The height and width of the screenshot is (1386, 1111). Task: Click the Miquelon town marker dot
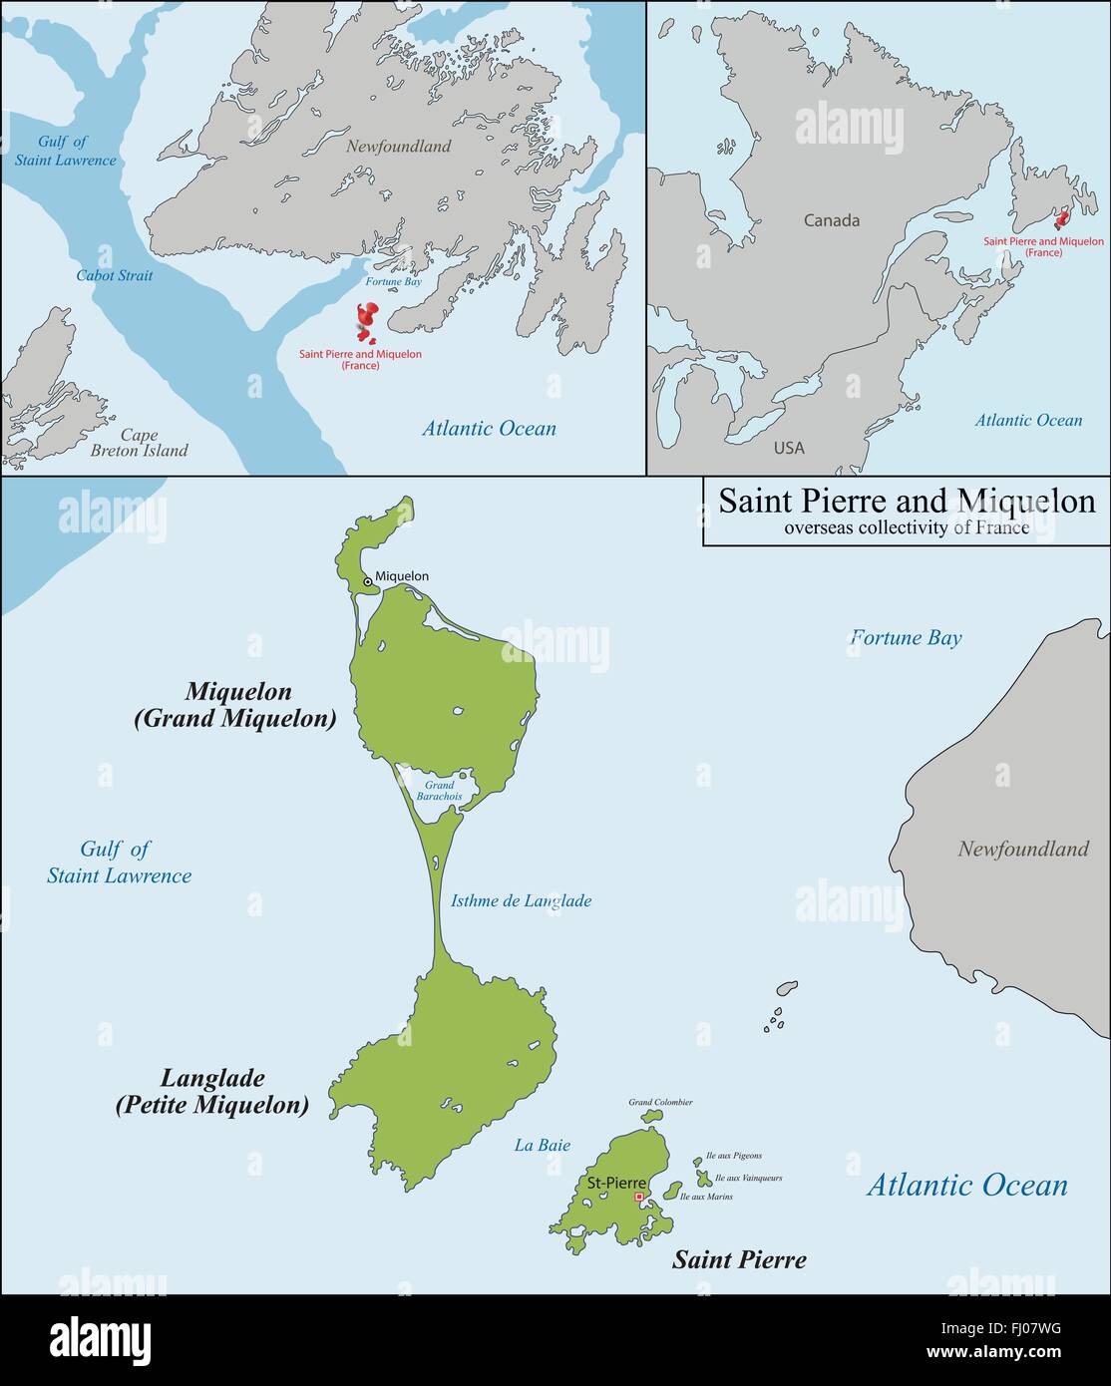coord(367,581)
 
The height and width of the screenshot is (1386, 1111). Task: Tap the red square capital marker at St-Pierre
coord(638,1197)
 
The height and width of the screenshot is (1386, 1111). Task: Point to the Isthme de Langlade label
coord(521,900)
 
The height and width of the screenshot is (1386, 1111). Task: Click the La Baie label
coord(543,1145)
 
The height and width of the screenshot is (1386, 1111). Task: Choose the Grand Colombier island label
coord(660,1102)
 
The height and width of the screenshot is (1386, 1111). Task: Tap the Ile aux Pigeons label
coord(733,1156)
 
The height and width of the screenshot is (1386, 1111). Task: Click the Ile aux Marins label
coord(706,1196)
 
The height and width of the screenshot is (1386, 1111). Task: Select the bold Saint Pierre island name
coord(739,1259)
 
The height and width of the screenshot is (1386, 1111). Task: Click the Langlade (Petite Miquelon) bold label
coord(212,1091)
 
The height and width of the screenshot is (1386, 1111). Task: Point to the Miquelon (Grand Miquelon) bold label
coord(236,705)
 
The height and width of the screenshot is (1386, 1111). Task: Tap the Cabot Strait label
coord(115,275)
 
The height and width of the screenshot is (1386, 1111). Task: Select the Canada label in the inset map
coord(832,220)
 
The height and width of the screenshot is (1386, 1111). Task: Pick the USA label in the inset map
coord(788,448)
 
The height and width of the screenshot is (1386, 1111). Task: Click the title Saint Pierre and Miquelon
coord(907,501)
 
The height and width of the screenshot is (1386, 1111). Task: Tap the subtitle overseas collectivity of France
coord(907,527)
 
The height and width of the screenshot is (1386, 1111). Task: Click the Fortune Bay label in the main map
coord(906,637)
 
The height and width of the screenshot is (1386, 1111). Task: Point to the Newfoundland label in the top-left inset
coord(399,147)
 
